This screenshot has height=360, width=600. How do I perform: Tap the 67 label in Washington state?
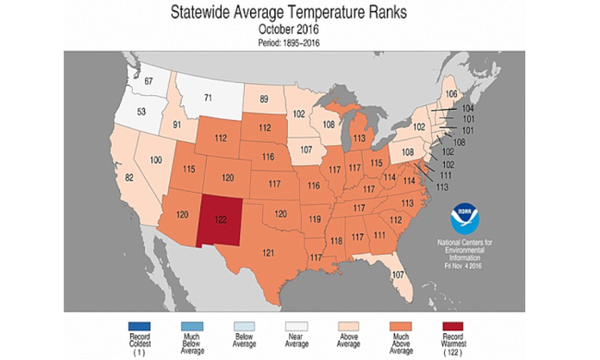pyautogui.click(x=149, y=83)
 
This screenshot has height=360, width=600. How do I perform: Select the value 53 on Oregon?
pyautogui.click(x=141, y=112)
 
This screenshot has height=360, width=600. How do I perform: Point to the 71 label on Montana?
pyautogui.click(x=208, y=96)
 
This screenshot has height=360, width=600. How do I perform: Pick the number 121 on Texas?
pyautogui.click(x=269, y=252)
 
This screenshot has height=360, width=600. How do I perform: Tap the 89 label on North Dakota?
pyautogui.click(x=264, y=98)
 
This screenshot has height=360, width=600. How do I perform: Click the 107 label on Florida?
pyautogui.click(x=398, y=275)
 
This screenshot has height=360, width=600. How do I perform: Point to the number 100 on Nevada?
pyautogui.click(x=156, y=160)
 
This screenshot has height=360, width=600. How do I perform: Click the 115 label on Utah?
pyautogui.click(x=190, y=169)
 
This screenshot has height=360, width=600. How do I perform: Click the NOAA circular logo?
pyautogui.click(x=465, y=220)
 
